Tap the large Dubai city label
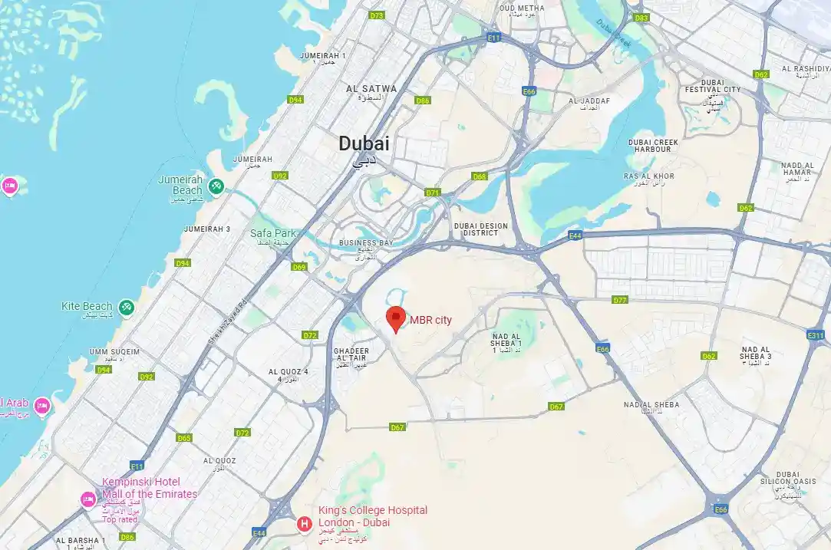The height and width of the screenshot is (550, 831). click(364, 143)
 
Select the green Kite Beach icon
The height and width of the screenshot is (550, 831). click(127, 307)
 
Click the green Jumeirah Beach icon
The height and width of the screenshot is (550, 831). click(216, 186)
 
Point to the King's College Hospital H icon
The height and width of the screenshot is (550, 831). click(305, 524)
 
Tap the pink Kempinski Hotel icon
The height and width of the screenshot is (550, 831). click(88, 500)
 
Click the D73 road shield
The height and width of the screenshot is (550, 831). click(376, 15)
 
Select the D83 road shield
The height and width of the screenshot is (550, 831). click(641, 17)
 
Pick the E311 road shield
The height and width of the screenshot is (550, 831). click(815, 335)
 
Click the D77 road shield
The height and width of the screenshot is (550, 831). click(620, 300)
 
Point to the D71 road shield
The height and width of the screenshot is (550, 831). click(433, 193)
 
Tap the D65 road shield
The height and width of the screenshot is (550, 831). click(183, 438)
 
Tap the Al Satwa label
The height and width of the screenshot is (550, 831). click(371, 89)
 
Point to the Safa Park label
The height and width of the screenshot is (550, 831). click(272, 233)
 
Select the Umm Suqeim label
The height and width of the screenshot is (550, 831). click(114, 352)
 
